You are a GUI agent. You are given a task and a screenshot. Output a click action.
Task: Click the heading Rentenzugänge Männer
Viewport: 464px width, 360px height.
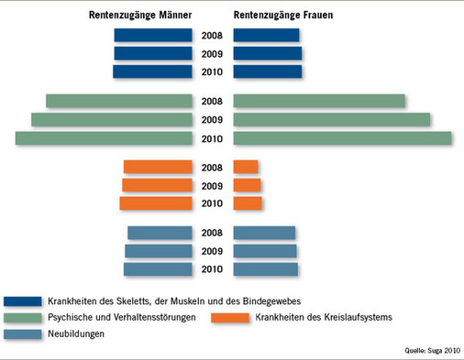(141, 16)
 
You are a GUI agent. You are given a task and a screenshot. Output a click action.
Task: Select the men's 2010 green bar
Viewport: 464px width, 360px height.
(104, 137)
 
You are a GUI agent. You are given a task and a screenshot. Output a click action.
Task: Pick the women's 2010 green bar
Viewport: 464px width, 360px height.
(342, 137)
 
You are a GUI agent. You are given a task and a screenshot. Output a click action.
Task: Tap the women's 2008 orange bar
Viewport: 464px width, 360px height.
(246, 167)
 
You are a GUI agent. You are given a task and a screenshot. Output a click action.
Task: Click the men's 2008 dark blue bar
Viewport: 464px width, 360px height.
(153, 36)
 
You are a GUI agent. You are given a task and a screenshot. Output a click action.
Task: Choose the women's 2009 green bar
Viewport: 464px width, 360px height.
(332, 119)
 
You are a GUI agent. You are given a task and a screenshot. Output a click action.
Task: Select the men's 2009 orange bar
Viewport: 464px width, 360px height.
(157, 185)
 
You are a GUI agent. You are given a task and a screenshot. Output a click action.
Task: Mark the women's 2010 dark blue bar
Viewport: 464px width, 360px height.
(267, 71)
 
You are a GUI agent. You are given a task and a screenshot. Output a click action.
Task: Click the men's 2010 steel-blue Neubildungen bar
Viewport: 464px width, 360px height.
(158, 268)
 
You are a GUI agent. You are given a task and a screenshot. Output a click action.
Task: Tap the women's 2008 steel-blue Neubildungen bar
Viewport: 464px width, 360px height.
(264, 233)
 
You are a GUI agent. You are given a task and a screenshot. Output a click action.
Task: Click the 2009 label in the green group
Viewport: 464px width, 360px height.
(212, 120)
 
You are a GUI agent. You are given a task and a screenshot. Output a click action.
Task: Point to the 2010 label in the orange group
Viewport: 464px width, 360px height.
(212, 203)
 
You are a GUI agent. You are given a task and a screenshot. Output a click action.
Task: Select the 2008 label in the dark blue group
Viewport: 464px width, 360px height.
(212, 37)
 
